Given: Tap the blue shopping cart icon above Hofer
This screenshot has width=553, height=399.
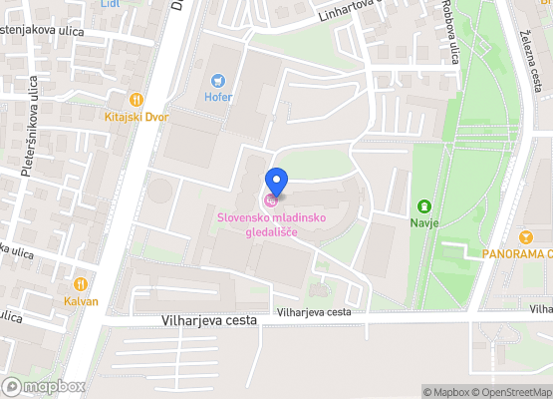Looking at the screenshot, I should [x=217, y=81].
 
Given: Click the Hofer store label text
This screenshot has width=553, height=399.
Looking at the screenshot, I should [x=217, y=97].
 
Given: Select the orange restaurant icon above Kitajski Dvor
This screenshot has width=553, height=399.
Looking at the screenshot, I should [x=137, y=100].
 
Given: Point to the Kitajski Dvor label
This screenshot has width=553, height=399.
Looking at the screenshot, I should [x=137, y=117].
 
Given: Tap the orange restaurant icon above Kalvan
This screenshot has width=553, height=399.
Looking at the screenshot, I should [x=81, y=283].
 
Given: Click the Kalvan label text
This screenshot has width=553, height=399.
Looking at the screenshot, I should [x=81, y=300].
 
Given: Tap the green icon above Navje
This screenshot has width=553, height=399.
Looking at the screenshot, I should [x=424, y=206].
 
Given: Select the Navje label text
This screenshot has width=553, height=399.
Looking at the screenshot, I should [x=424, y=223].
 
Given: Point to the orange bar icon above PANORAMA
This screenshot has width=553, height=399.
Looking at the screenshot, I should [x=526, y=236].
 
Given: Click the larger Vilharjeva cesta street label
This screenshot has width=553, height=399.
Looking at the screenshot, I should [x=208, y=320].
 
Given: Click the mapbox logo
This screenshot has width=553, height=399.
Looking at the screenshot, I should [x=45, y=386].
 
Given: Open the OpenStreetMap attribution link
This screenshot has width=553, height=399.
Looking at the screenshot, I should [x=512, y=392].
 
